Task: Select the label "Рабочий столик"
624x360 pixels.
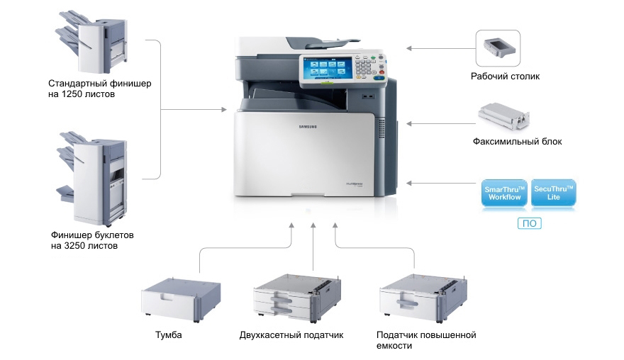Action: (x=505, y=77)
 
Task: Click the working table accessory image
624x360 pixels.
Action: (x=498, y=47)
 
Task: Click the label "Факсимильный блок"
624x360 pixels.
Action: (x=517, y=142)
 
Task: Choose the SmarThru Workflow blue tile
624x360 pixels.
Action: (x=504, y=193)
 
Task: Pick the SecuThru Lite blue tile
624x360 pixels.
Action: (x=553, y=193)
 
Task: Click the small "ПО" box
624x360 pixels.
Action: (x=529, y=223)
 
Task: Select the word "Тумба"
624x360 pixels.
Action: (x=168, y=334)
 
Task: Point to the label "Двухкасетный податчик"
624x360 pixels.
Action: (x=291, y=334)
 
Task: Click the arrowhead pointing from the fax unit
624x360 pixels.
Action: (x=410, y=123)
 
